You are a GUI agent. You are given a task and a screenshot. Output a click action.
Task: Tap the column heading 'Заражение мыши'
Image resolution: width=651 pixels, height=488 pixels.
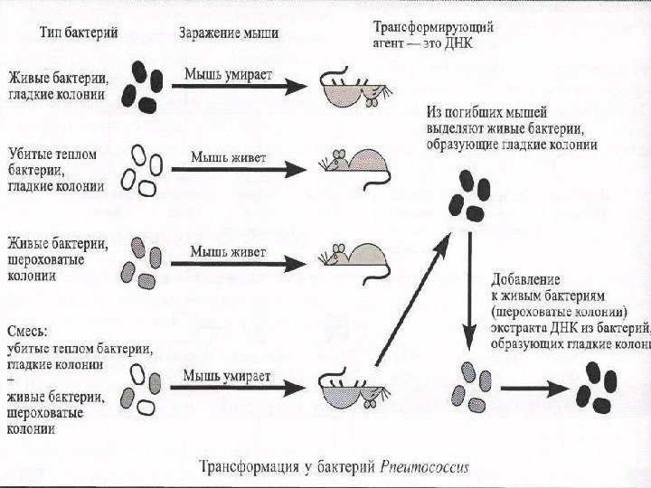229,33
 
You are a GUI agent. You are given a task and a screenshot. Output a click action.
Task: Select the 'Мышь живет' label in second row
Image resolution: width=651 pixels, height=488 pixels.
227,156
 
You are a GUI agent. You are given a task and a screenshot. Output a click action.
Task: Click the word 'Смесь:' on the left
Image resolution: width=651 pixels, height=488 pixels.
30,330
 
